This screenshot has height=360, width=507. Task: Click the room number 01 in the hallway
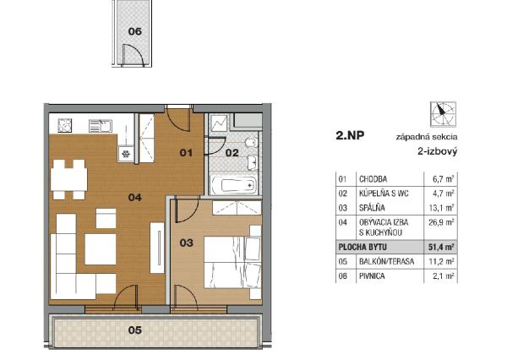(187, 152)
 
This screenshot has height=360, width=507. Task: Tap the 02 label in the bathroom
(231, 152)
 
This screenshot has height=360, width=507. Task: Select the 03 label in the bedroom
(188, 243)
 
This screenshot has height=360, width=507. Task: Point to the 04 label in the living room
(134, 197)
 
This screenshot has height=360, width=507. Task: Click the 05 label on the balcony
(134, 330)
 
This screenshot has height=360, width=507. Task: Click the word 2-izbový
(437, 151)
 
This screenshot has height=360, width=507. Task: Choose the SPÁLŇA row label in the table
(373, 207)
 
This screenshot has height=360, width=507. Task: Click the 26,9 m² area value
(439, 221)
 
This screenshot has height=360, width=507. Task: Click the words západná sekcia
(427, 136)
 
